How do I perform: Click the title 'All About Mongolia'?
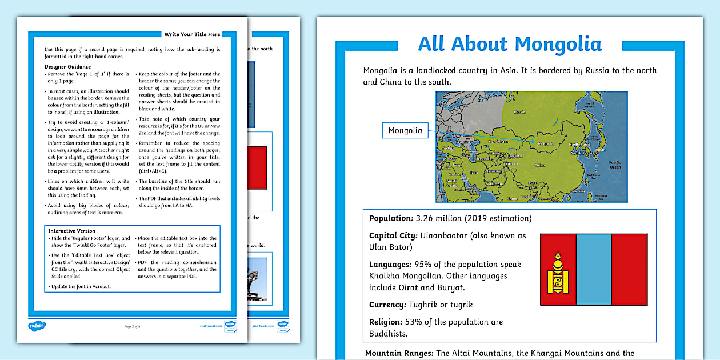click(510, 44)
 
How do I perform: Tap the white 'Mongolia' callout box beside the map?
click(405, 131)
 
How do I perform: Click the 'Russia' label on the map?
click(519, 112)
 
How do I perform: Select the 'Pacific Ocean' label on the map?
click(614, 164)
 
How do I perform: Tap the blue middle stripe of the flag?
click(594, 269)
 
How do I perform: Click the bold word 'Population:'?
click(390, 218)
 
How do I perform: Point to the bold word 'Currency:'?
click(387, 305)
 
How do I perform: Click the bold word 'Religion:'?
click(386, 322)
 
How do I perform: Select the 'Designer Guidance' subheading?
click(68, 67)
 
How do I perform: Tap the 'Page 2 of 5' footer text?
click(132, 326)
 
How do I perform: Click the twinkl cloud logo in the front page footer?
click(37, 326)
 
